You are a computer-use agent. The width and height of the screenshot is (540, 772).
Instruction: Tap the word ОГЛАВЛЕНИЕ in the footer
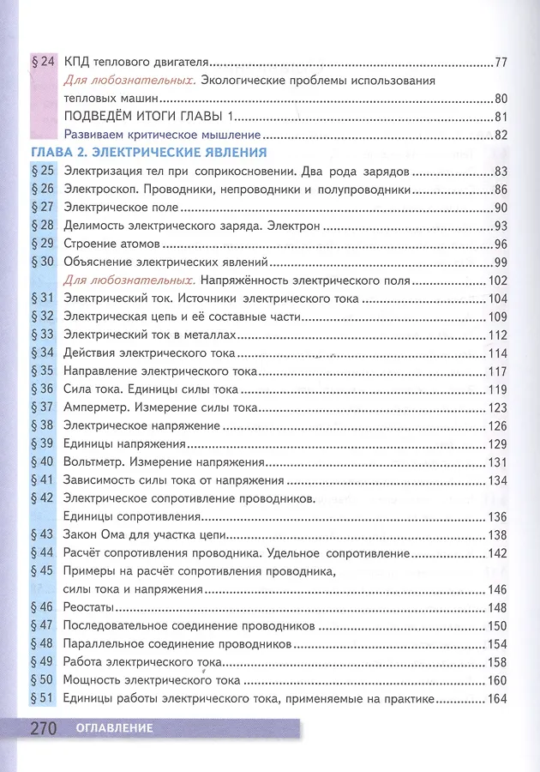(x=113, y=730)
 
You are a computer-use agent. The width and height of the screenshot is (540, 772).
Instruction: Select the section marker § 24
(x=42, y=62)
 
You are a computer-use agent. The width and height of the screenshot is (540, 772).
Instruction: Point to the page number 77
(x=502, y=62)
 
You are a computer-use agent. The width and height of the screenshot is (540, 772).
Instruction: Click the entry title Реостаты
(x=90, y=607)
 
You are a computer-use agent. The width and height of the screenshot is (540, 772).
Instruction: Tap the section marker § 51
(x=42, y=699)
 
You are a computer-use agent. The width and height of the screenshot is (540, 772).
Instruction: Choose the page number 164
(x=498, y=699)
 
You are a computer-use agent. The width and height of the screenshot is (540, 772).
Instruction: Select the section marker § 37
(x=42, y=407)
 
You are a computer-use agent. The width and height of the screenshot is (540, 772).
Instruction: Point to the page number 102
(x=498, y=280)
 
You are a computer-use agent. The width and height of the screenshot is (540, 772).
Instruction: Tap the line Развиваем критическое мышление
(x=162, y=135)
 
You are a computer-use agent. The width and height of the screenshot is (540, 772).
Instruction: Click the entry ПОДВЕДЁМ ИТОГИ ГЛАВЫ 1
(x=148, y=117)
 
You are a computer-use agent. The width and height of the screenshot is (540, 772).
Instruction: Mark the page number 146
(x=498, y=589)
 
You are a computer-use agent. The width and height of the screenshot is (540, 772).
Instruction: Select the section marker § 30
(x=42, y=262)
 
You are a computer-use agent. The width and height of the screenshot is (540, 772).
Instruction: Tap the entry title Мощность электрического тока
(x=152, y=681)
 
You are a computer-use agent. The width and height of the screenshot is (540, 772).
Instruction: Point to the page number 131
(x=498, y=462)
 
